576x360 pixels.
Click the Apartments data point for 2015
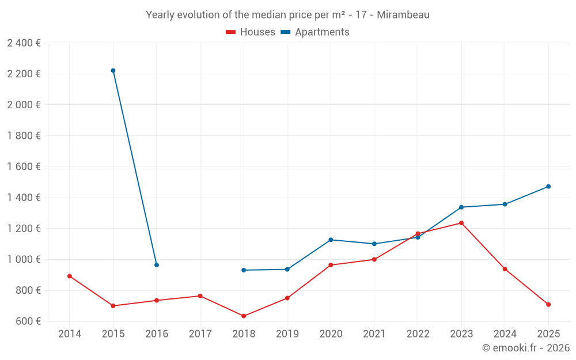click(113, 70)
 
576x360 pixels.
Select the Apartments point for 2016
click(157, 265)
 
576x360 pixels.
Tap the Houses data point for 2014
click(70, 276)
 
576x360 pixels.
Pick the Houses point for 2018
click(244, 316)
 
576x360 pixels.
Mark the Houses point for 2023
click(461, 223)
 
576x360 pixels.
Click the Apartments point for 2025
click(548, 187)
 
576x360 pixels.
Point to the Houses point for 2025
click(548, 305)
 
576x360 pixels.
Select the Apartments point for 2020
click(331, 240)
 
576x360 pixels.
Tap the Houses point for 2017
click(200, 296)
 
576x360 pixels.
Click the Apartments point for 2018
click(244, 270)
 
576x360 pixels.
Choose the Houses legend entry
click(251, 32)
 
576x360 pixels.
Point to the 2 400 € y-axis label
click(24, 43)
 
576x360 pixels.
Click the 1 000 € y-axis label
click(24, 259)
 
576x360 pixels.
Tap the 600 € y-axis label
click(27, 321)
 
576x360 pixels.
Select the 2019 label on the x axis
click(287, 334)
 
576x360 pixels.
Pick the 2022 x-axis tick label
click(418, 334)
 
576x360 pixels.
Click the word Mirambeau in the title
click(404, 15)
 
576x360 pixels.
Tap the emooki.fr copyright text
click(525, 348)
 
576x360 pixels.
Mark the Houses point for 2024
click(505, 269)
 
